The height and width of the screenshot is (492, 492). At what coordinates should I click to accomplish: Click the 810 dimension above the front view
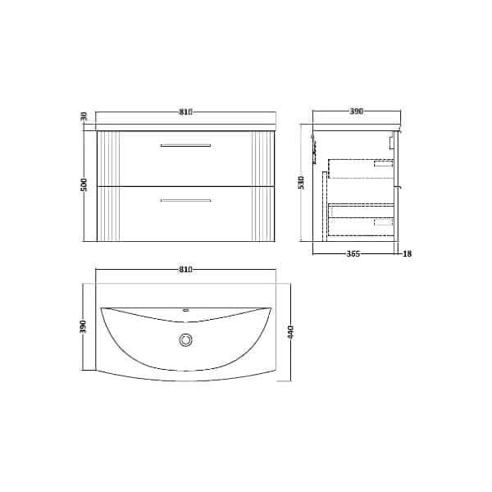pyautogui.click(x=185, y=112)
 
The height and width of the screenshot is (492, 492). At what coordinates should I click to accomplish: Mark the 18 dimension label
pyautogui.click(x=408, y=253)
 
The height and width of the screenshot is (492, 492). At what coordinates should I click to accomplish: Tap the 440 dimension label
pyautogui.click(x=291, y=334)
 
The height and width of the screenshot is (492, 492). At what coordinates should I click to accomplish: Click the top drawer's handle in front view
pyautogui.click(x=185, y=146)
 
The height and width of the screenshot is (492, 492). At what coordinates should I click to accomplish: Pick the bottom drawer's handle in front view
pyautogui.click(x=185, y=200)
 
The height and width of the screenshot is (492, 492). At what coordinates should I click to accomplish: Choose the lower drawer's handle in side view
pyautogui.click(x=383, y=221)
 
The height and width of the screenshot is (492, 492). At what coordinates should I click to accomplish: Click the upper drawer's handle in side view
pyautogui.click(x=383, y=165)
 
